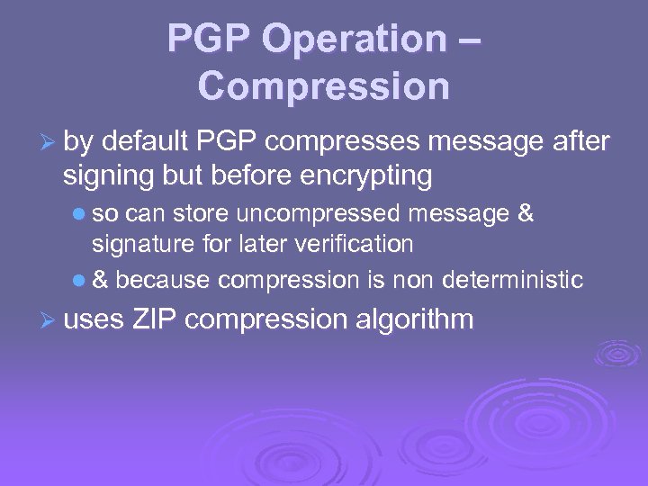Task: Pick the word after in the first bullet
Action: click(581, 141)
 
